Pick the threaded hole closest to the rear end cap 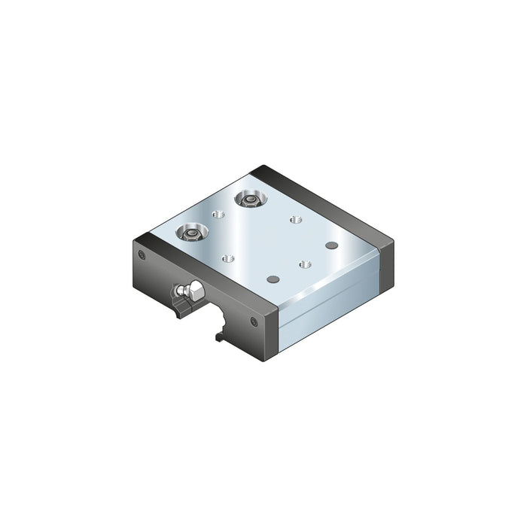pyautogui.click(x=294, y=220)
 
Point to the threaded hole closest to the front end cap pyautogui.click(x=228, y=258)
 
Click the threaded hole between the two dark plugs pyautogui.click(x=304, y=264)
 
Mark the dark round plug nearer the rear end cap pyautogui.click(x=331, y=245)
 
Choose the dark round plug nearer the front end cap pyautogui.click(x=273, y=279)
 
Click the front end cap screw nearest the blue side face pyautogui.click(x=254, y=321)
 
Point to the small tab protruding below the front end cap pyautogui.click(x=218, y=337)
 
